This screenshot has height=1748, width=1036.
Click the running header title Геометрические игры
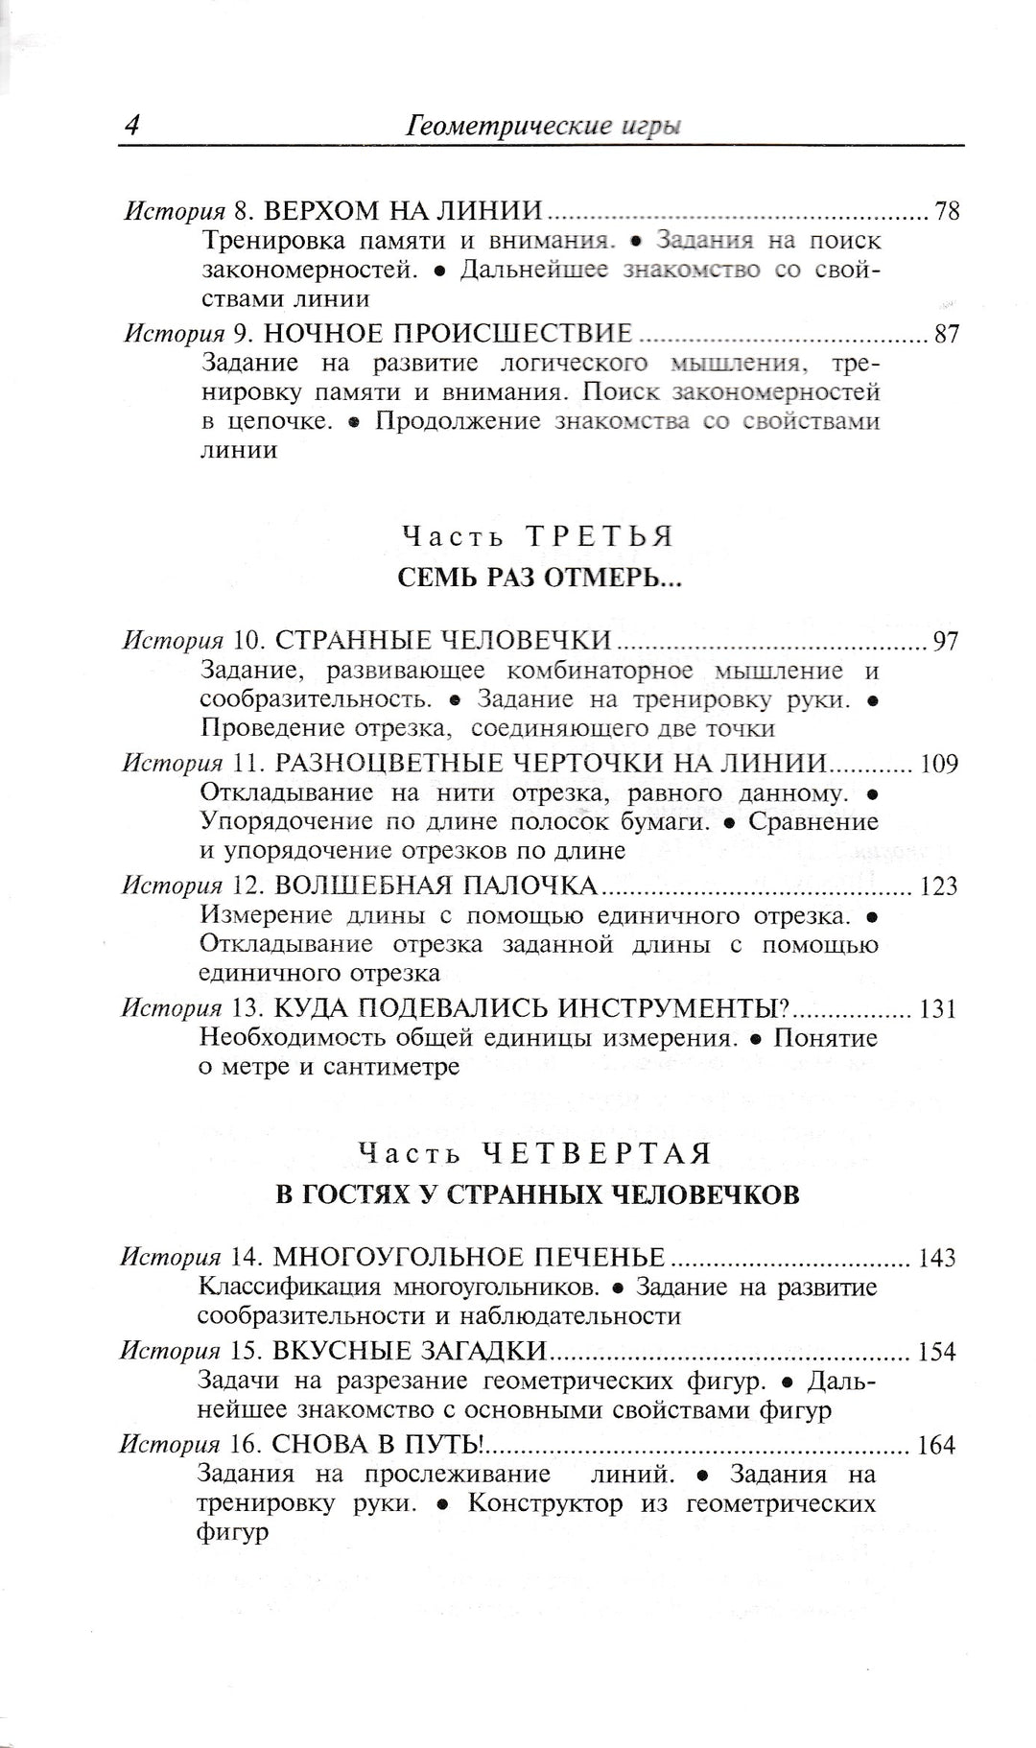(x=544, y=126)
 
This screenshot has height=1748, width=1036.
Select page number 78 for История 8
(x=947, y=211)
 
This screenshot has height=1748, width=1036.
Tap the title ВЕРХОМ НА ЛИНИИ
(x=403, y=211)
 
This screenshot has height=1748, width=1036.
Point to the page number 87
(x=947, y=334)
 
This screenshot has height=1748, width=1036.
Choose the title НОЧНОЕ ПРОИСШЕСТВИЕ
(x=448, y=334)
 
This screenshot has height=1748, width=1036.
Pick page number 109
(x=939, y=765)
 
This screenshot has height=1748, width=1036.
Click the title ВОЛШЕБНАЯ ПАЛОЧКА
(x=436, y=886)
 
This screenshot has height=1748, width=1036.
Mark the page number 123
(x=939, y=886)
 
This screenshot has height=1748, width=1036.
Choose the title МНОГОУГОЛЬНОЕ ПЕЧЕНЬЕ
(x=469, y=1258)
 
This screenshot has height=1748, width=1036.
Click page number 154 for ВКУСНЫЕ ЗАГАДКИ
(x=937, y=1352)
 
